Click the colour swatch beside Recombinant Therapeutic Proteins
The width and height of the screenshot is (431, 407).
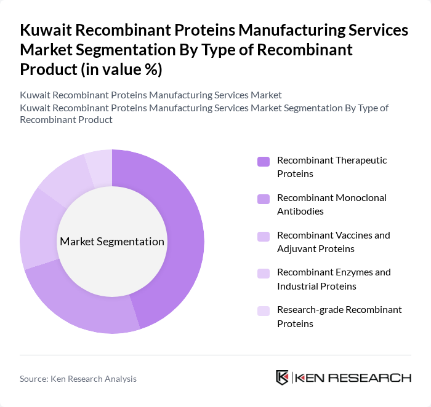click(264, 162)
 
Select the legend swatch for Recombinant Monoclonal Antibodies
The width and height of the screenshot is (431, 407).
click(264, 199)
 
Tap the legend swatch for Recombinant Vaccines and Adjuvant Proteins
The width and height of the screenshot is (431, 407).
click(264, 236)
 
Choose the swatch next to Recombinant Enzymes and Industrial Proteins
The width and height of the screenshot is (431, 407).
click(264, 273)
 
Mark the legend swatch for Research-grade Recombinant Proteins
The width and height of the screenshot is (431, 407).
click(264, 310)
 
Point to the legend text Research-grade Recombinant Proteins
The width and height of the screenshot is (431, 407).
click(339, 316)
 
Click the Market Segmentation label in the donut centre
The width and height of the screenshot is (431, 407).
click(112, 242)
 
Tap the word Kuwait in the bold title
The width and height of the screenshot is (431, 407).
click(47, 31)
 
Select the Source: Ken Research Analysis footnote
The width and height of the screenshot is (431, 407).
click(78, 379)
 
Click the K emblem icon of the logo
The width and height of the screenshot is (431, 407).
click(283, 377)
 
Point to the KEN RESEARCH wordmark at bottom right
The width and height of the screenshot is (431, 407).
click(353, 377)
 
